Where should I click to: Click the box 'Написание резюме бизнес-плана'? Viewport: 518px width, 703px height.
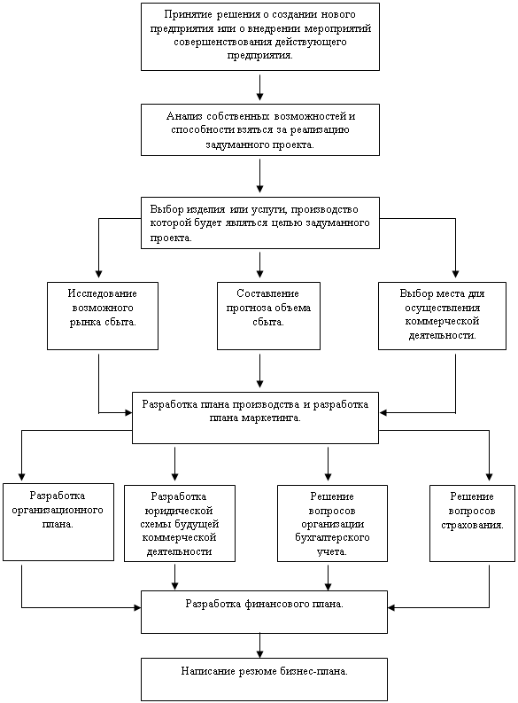[x=264, y=679]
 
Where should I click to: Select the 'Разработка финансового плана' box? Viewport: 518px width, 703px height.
[x=264, y=612]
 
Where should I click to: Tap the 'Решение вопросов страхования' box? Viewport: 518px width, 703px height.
[x=472, y=523]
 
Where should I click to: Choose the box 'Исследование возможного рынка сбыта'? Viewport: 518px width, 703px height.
[x=103, y=316]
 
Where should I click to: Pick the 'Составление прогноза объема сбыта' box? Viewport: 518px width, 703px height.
[x=268, y=316]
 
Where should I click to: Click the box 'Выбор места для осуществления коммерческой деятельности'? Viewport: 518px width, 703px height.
[x=443, y=316]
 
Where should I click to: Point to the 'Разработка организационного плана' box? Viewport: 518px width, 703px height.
[x=58, y=522]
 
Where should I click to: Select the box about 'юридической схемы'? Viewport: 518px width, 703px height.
[x=180, y=523]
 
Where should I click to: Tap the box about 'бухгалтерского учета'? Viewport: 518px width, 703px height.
[x=332, y=523]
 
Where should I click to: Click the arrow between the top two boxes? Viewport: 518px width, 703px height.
[x=260, y=88]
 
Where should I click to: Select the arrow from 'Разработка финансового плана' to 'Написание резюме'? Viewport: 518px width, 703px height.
[x=260, y=645]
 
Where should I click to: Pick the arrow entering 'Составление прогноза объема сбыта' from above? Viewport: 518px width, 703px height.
[x=260, y=264]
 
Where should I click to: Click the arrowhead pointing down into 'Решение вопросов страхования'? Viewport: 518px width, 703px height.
[x=490, y=477]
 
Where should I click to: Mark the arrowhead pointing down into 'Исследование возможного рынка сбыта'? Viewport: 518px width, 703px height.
[x=99, y=274]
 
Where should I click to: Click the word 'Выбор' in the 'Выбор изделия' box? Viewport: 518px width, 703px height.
[x=166, y=209]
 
